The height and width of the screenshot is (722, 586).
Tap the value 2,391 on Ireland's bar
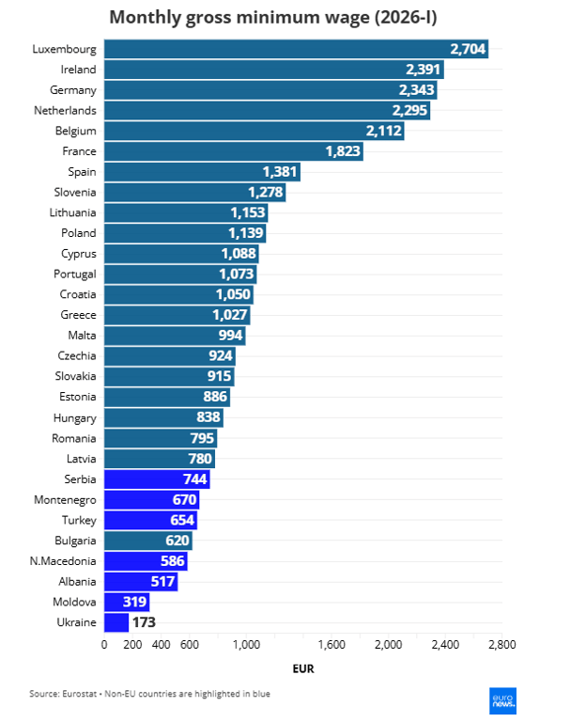[423, 70]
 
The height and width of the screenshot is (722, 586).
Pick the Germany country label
[72, 90]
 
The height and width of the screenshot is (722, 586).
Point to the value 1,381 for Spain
[279, 172]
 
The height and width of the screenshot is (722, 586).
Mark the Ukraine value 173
[144, 622]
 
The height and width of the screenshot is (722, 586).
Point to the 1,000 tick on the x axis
[246, 645]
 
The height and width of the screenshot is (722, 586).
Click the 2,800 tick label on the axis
[501, 645]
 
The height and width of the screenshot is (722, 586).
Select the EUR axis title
[302, 669]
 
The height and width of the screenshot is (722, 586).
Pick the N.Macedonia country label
[63, 561]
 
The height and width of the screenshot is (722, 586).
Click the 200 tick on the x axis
[132, 645]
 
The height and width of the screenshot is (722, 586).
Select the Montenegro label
[65, 500]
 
